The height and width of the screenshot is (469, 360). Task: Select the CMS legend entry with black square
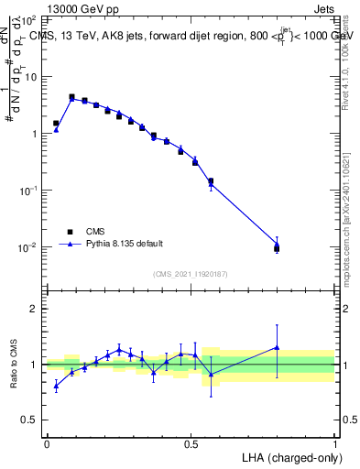coord(70,231)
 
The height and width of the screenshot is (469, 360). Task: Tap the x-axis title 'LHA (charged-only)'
coord(290,455)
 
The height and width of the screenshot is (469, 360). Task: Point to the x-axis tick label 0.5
coord(191,442)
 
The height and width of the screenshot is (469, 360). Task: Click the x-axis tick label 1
coord(335,442)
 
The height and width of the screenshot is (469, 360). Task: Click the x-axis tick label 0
coord(47,442)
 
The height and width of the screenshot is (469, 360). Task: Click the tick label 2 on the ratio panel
coord(34,309)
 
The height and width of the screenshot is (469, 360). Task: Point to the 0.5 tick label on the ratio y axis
coord(29,420)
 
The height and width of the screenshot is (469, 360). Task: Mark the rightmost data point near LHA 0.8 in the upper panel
coord(278,247)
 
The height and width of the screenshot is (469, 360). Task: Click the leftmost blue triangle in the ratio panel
coord(56,386)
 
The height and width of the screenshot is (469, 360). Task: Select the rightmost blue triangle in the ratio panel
coord(278,347)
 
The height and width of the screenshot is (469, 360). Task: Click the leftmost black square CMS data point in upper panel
coord(56,123)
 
